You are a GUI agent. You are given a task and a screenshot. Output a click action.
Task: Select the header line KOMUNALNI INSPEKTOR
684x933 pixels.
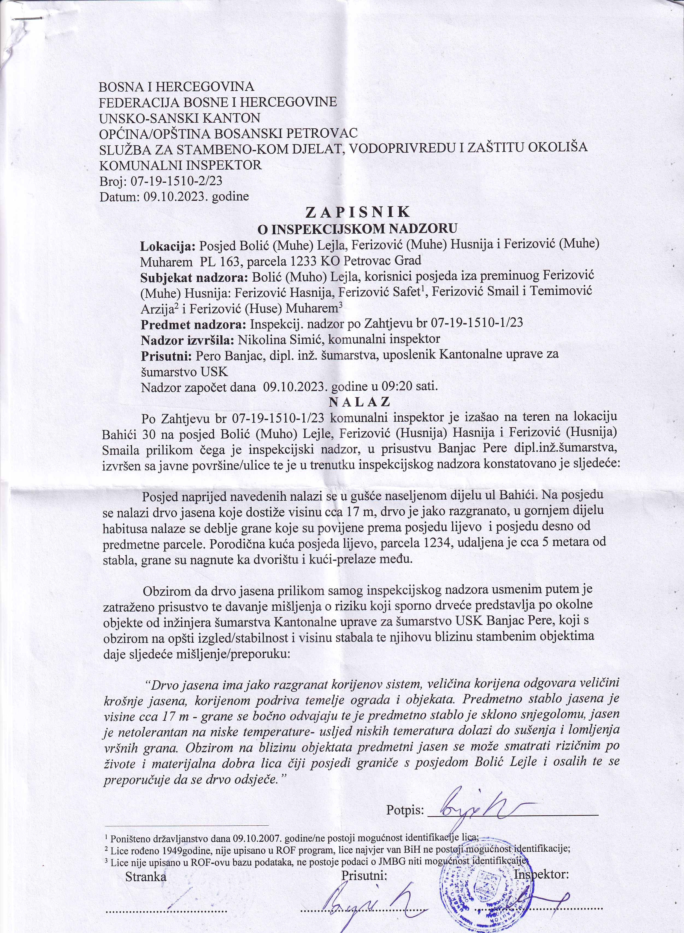point(181,165)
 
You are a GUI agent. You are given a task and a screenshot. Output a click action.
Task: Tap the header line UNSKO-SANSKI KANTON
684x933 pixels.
point(180,118)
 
